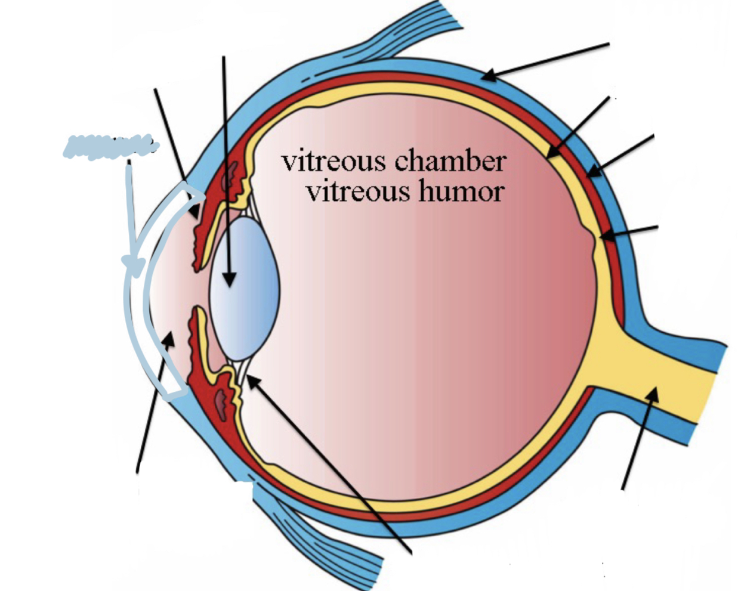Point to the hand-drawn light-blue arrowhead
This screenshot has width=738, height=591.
[x=133, y=264]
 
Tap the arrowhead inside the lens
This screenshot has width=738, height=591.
[x=229, y=277]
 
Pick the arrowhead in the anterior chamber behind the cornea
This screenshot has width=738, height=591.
[x=169, y=339]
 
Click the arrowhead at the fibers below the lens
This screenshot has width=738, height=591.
[x=252, y=380]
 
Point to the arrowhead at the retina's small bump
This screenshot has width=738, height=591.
[x=606, y=236]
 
